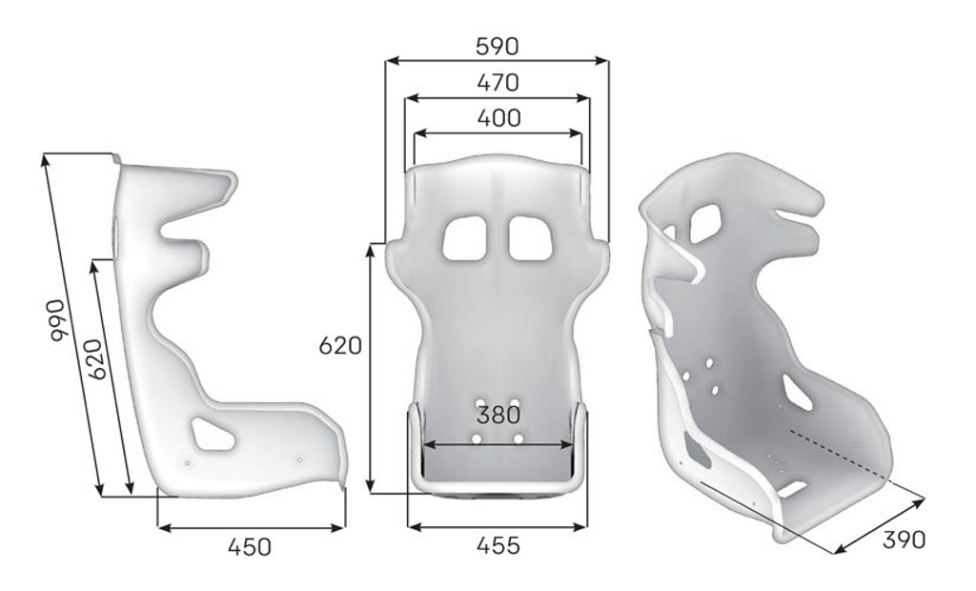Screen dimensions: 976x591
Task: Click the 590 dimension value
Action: (497, 46)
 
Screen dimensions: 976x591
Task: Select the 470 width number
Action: (498, 82)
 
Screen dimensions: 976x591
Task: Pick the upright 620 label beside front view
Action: (340, 345)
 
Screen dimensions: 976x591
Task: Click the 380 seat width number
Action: (498, 415)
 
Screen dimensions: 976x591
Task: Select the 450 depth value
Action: (250, 547)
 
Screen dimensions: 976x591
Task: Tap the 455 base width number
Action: (498, 545)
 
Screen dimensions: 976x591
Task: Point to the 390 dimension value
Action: (904, 540)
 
